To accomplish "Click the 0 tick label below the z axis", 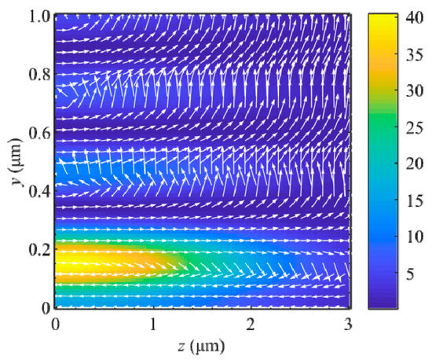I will pos(55,323).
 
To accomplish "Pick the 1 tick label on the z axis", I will pos(153,323).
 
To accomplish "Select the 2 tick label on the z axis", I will pos(251,323).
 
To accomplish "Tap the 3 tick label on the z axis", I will pos(349,323).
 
